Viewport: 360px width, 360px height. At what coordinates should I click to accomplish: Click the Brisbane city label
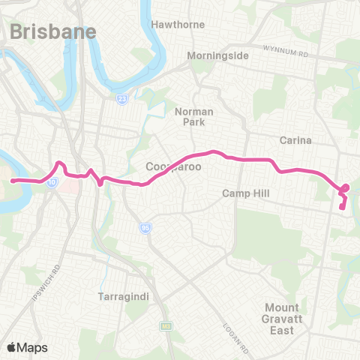(x=53, y=31)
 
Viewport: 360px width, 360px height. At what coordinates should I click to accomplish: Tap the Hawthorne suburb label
(x=178, y=25)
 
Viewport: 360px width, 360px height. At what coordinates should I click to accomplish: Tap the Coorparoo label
(x=173, y=166)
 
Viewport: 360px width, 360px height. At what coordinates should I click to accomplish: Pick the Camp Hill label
(x=245, y=193)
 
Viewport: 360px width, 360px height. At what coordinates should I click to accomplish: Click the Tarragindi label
(x=124, y=297)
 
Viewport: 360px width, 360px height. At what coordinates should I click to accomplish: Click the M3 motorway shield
(x=164, y=327)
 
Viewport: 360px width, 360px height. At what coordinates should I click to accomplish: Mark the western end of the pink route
(x=13, y=181)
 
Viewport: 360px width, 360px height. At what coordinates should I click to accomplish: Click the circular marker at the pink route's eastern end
(x=346, y=187)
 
